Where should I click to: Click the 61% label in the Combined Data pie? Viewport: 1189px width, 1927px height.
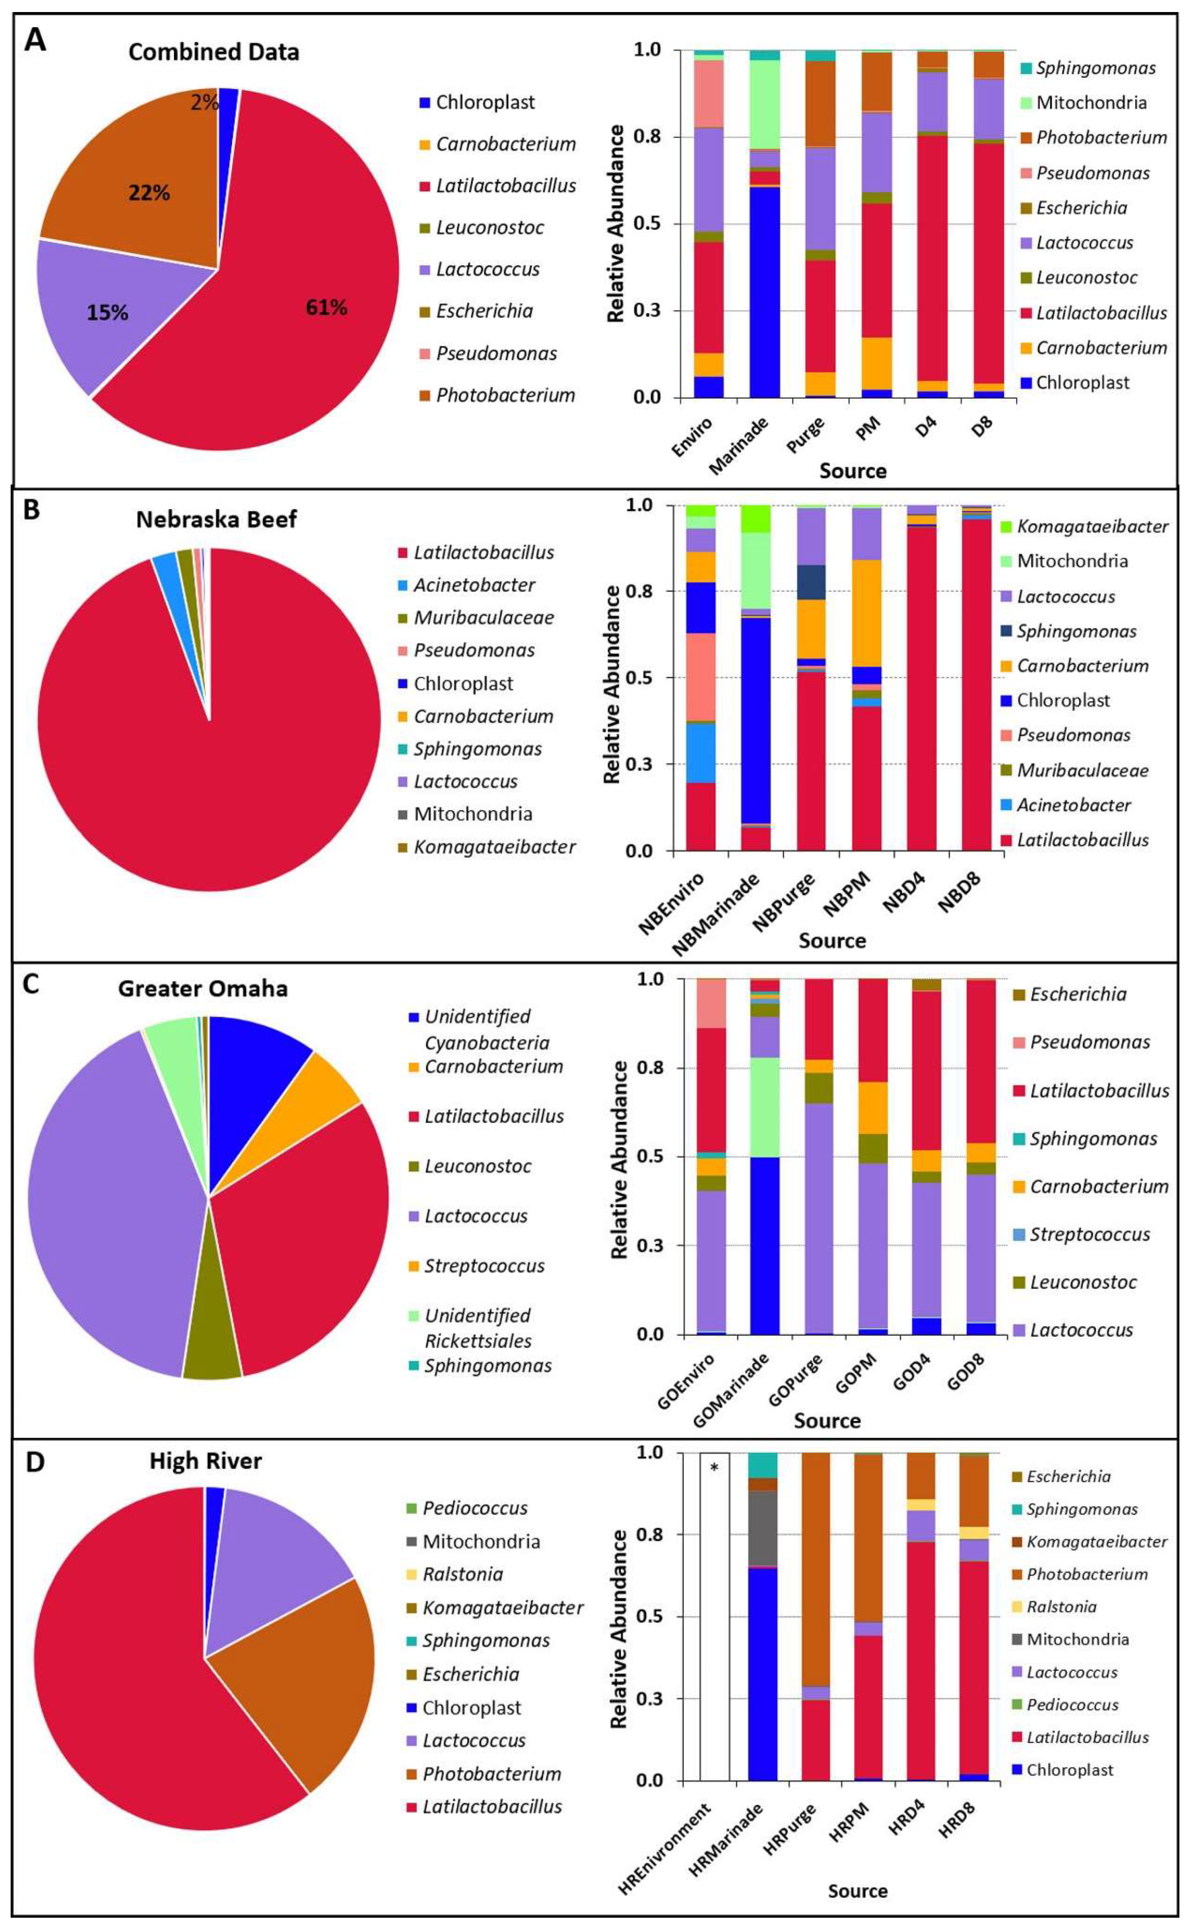click(x=326, y=308)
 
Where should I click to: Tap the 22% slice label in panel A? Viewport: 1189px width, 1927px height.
click(x=150, y=193)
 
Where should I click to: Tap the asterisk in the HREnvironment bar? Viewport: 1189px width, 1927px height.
click(x=714, y=1467)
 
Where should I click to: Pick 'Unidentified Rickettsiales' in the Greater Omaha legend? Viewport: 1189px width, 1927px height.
click(x=478, y=1328)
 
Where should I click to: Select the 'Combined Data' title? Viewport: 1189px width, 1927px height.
click(x=214, y=52)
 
